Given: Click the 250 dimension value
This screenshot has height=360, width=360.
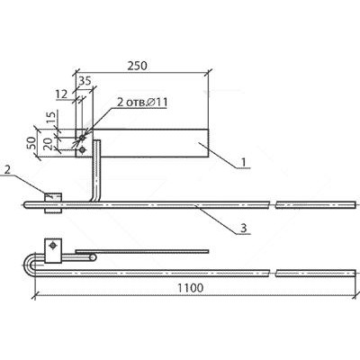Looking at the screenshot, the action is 138,66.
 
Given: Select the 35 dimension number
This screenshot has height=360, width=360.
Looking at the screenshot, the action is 85,81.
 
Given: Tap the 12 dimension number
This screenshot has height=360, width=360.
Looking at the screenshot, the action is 62,94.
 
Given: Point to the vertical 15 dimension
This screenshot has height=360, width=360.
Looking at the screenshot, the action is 51,118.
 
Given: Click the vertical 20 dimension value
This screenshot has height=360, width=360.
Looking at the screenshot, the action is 49,143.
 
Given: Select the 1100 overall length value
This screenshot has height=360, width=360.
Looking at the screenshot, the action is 190,288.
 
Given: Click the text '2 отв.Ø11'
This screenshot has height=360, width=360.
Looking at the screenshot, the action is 142,103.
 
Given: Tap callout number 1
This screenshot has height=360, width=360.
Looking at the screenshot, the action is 244,162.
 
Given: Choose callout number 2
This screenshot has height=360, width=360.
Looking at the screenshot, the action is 8,170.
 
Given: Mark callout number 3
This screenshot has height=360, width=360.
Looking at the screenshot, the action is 244,228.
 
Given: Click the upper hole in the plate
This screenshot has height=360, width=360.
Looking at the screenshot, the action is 82,138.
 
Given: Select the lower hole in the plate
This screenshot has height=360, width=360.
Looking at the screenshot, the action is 82,149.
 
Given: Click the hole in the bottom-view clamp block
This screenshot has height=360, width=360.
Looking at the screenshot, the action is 53,246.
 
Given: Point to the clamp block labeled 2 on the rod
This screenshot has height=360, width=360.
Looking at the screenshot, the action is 53,203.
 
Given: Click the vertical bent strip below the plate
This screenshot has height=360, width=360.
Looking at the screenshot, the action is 95,171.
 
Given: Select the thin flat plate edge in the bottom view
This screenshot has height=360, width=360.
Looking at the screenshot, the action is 142,251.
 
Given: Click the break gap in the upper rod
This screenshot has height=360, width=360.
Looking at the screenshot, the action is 273,205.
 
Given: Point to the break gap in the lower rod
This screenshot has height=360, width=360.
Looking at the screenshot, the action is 273,273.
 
